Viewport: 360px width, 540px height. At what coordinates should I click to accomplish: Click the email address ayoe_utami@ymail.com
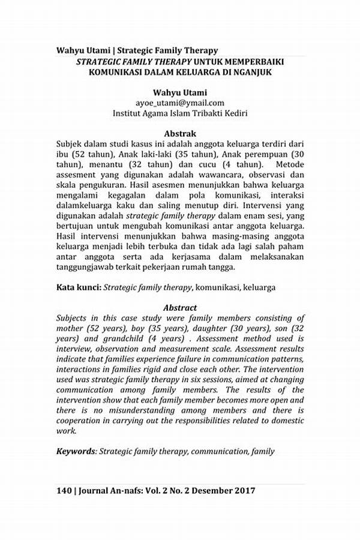180,103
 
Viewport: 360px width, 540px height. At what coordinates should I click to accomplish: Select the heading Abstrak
180,133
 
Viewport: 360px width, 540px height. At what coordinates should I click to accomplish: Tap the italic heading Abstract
180,307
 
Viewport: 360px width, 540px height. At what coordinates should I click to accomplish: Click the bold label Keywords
76,451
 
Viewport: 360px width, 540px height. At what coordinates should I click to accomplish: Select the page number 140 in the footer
64,490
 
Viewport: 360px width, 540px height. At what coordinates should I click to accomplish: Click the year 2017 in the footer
244,490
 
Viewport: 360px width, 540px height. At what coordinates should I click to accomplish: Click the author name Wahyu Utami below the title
180,92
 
